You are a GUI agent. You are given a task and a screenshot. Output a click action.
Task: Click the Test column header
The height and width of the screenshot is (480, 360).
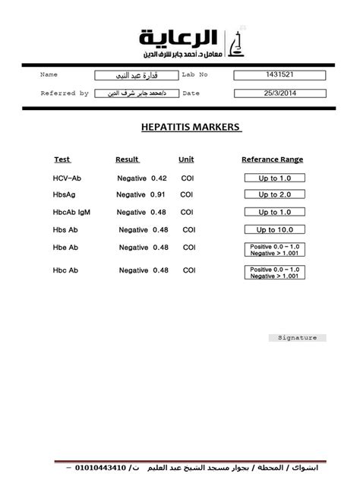pyautogui.click(x=62, y=159)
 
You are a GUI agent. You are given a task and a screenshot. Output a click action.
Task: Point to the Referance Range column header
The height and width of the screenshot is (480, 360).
pyautogui.click(x=272, y=159)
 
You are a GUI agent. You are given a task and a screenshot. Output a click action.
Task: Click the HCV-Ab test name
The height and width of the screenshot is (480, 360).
pyautogui.click(x=66, y=178)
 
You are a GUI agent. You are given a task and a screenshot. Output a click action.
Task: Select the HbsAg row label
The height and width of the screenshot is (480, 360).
pyautogui.click(x=65, y=194)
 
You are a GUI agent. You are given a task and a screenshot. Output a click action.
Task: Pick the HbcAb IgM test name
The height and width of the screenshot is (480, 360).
pyautogui.click(x=71, y=213)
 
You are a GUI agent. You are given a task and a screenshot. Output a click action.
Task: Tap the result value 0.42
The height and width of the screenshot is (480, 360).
pyautogui.click(x=159, y=178)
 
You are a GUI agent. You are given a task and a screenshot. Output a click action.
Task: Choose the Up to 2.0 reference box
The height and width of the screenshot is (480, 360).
pyautogui.click(x=274, y=194)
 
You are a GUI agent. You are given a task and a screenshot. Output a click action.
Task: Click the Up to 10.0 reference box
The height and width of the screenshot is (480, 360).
pyautogui.click(x=274, y=229)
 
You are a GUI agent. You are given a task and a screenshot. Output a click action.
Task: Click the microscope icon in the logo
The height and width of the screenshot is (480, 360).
pyautogui.click(x=238, y=43)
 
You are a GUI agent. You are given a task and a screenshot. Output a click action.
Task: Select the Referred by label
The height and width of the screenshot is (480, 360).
pyautogui.click(x=64, y=93)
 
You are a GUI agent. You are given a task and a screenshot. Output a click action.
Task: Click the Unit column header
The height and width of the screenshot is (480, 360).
pyautogui.click(x=186, y=159)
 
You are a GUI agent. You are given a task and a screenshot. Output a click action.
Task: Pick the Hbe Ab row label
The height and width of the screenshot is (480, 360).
pyautogui.click(x=66, y=248)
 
